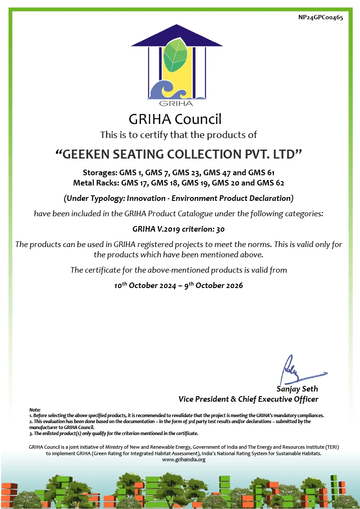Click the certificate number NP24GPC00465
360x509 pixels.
[320, 18]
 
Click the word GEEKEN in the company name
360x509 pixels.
[86, 154]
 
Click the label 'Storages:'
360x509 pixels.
[98, 173]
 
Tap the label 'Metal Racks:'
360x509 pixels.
[96, 183]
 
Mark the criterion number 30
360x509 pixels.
[220, 229]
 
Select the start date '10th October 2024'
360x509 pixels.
[145, 285]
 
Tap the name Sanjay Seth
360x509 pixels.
[297, 389]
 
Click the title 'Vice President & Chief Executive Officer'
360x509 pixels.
[249, 399]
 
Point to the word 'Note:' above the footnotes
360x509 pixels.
[35, 410]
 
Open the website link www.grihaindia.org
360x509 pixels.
[184, 459]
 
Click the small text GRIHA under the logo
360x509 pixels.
[176, 103]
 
